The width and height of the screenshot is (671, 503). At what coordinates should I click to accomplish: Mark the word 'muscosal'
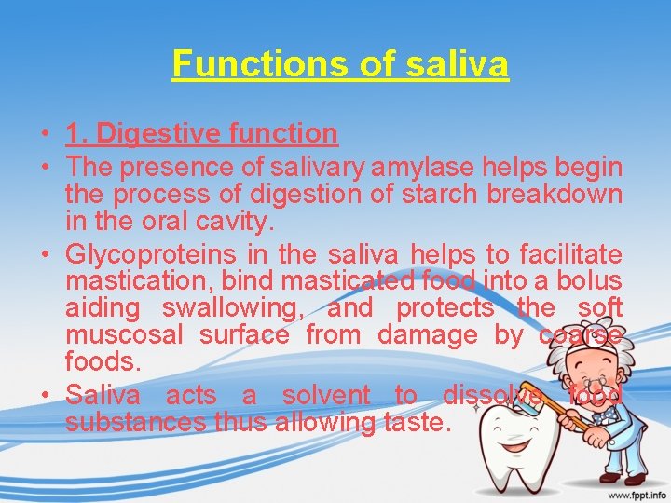[x=121, y=335]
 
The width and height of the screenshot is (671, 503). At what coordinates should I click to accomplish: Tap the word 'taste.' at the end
[x=418, y=422]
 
